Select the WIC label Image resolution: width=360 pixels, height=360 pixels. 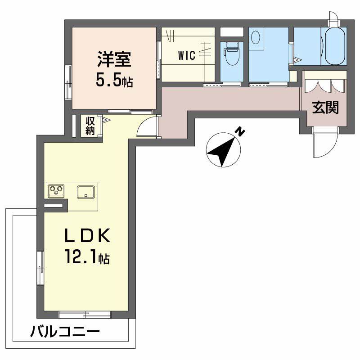click(x=186, y=56)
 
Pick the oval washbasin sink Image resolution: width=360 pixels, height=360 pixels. click(x=256, y=37)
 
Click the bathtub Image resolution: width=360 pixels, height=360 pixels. click(x=333, y=46)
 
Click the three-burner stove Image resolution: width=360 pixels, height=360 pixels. click(x=56, y=191)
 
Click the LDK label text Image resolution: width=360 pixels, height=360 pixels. click(x=87, y=236)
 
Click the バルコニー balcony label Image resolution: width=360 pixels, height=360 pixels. click(x=65, y=333)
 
